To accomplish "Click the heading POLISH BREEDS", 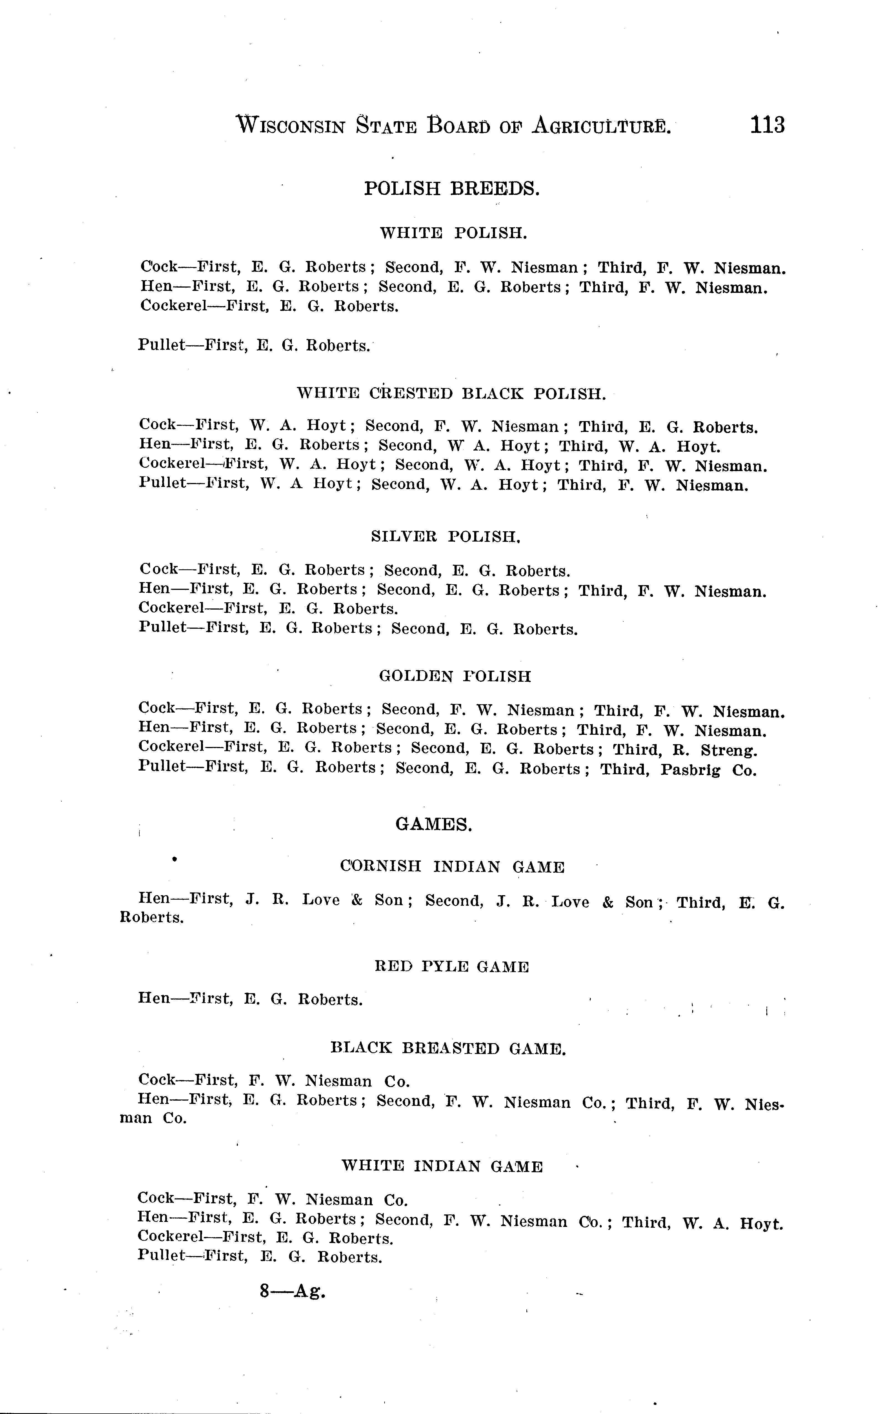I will click(x=451, y=188).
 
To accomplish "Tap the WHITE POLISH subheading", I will click(x=454, y=233).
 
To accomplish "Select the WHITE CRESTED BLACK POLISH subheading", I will click(x=451, y=393).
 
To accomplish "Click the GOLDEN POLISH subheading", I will click(x=455, y=676).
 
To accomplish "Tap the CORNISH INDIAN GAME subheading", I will click(x=453, y=867).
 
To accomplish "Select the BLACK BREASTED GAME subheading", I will click(x=448, y=1048).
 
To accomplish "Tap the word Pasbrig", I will click(x=690, y=770).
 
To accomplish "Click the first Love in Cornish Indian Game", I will click(x=320, y=900).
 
